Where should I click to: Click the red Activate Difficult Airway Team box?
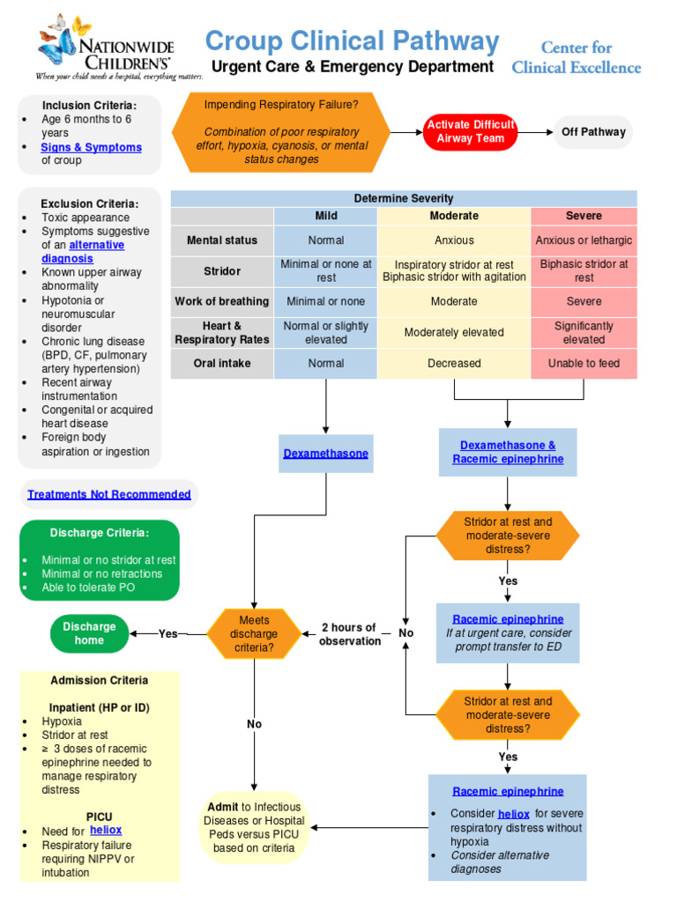click(470, 132)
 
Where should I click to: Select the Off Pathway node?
click(593, 132)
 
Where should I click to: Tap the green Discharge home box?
click(89, 633)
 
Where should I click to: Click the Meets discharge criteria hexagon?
click(255, 633)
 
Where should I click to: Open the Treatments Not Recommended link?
click(109, 494)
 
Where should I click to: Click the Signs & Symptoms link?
click(92, 147)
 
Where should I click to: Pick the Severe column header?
click(584, 216)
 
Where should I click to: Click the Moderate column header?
click(454, 216)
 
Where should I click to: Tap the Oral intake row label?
click(222, 363)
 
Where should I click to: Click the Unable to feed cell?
click(584, 363)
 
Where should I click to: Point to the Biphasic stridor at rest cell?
click(584, 270)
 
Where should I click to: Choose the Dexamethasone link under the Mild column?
click(325, 454)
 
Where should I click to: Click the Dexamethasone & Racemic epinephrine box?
click(508, 453)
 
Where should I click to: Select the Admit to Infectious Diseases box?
click(254, 827)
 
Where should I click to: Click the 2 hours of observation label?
click(349, 634)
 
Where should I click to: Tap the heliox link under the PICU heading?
click(106, 830)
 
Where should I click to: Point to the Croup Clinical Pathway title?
click(352, 41)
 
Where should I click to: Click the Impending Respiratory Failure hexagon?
click(282, 132)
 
